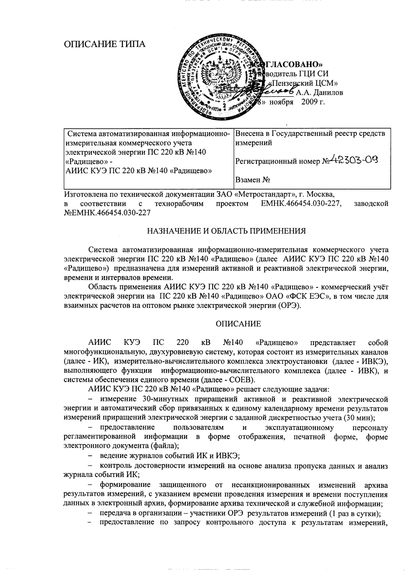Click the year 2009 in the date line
310,103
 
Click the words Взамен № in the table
253,180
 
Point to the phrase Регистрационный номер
278,162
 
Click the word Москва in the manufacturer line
320,194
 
